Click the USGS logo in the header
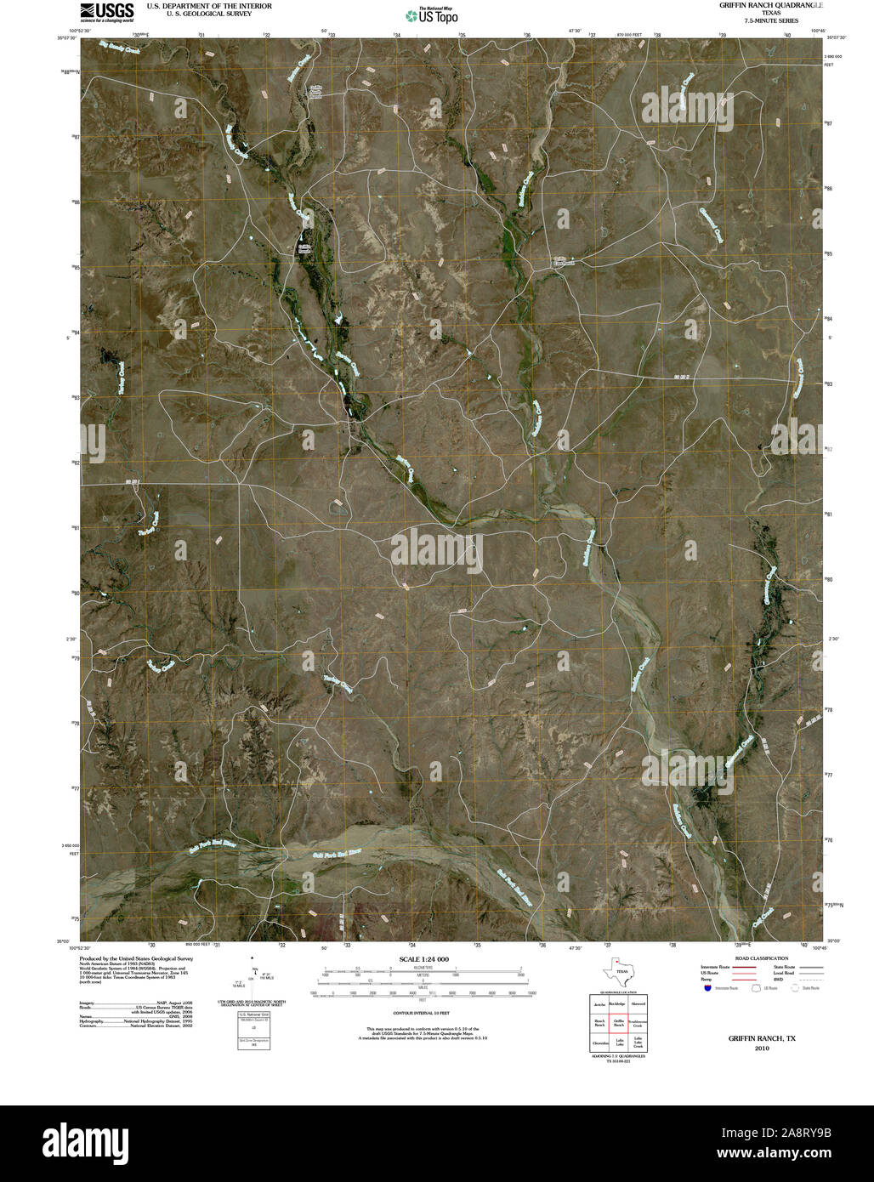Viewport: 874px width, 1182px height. [x=106, y=10]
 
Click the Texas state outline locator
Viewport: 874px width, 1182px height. [x=618, y=971]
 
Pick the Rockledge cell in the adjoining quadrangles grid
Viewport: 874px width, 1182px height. [x=619, y=1004]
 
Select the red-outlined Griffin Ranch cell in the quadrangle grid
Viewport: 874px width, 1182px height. [x=619, y=1024]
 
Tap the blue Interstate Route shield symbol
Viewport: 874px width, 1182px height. [x=707, y=988]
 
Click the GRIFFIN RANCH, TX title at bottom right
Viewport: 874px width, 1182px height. [x=761, y=1038]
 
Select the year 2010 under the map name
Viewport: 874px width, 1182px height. [x=761, y=1048]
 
